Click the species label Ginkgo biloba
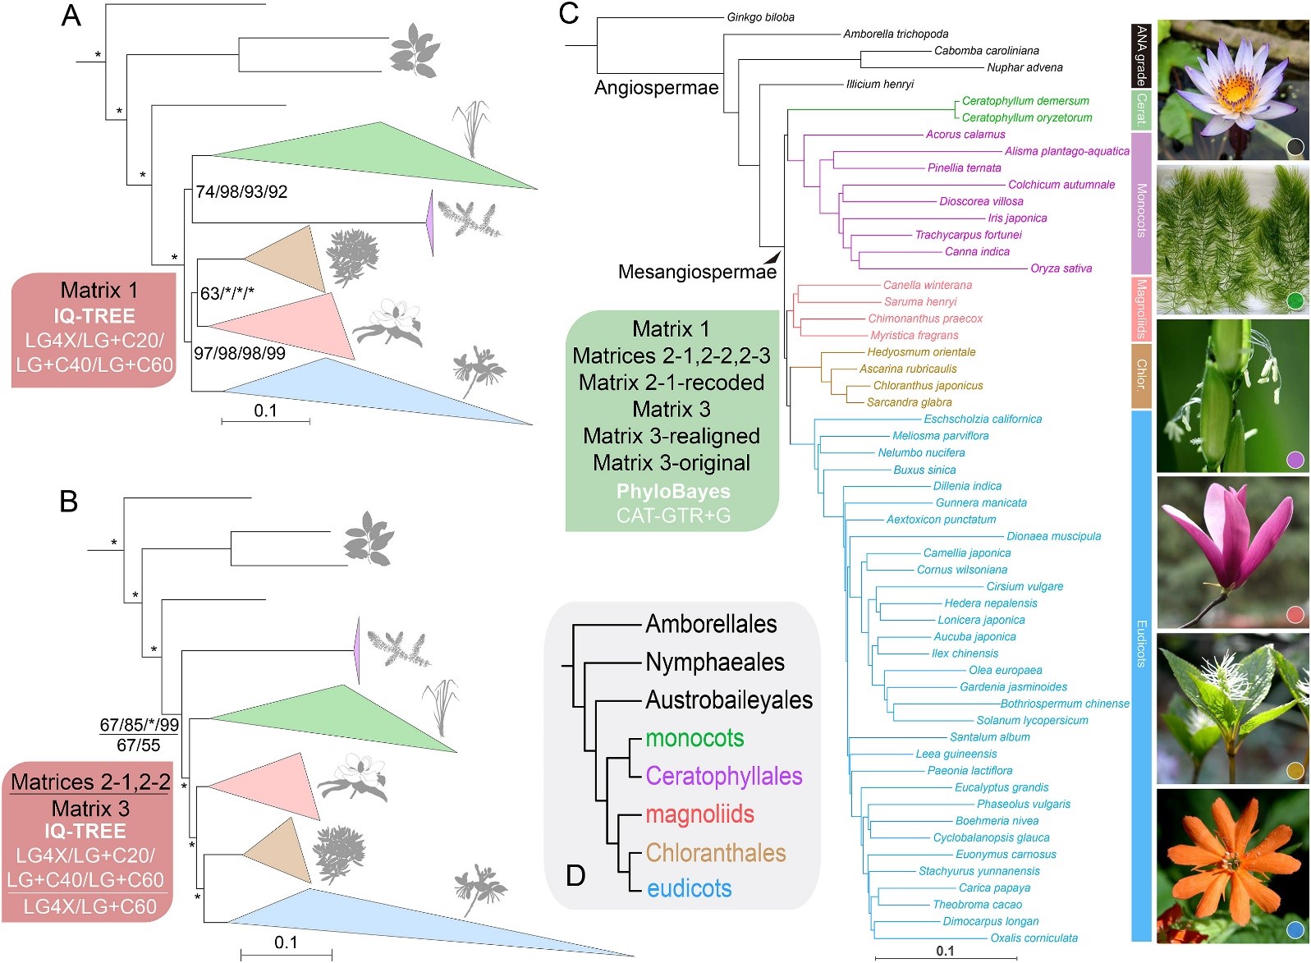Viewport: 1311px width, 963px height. [760, 17]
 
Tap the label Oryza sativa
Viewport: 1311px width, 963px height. [1061, 268]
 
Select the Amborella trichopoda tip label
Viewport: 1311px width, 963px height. [896, 34]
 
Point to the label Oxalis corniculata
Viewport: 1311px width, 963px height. [1034, 938]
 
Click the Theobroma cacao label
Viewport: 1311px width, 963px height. [977, 904]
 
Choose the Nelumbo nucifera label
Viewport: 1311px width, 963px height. [921, 452]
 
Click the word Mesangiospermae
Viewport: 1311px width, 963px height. [697, 272]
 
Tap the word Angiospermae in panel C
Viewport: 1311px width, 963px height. [656, 88]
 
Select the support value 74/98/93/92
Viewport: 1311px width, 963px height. [241, 192]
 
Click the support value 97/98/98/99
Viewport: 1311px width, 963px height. [240, 354]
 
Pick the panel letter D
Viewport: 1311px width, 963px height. [575, 876]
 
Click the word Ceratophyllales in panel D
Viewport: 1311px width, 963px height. [723, 776]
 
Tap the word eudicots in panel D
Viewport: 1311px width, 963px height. [689, 888]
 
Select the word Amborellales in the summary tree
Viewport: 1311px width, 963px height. [711, 624]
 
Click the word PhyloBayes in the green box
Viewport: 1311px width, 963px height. [673, 491]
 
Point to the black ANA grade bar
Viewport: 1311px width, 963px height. [1140, 55]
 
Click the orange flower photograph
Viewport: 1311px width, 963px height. [1232, 865]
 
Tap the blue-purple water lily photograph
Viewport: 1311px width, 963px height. [1232, 89]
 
